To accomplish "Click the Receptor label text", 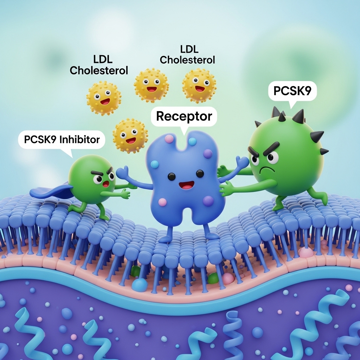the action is (x=184, y=116).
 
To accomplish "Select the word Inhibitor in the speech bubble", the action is (x=79, y=140).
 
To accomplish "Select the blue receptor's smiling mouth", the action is (x=186, y=185).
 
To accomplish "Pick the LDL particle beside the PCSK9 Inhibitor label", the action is (x=130, y=135).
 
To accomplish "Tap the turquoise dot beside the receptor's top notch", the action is (x=192, y=141).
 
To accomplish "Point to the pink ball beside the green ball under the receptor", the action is (x=228, y=278).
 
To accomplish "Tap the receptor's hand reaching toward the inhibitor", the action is (x=122, y=172).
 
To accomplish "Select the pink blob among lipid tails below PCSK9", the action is (x=307, y=252).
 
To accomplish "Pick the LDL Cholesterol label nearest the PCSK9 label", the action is (x=187, y=55).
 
